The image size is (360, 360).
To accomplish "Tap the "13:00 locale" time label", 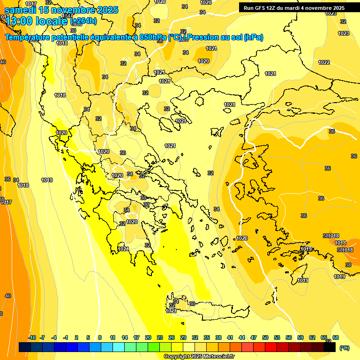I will pos(37,21).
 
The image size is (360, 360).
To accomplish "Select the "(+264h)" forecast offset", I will pos(83,21).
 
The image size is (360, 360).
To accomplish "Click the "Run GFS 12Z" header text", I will pos(262,8).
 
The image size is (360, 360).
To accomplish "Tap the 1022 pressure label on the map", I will pos(324,62).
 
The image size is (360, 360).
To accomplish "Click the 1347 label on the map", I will pos(67,30).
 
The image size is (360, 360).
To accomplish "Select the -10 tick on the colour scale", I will pos(32,337).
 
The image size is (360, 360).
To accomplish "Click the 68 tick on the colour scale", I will pos(336,337).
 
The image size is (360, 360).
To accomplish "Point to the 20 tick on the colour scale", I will pos(148,337).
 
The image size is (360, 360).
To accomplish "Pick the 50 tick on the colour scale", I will pos(265,337).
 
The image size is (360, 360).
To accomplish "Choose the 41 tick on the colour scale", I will pos(230,337).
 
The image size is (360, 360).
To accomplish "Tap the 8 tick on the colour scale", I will pos(100,337).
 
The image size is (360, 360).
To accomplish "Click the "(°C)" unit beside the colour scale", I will pos(345,348).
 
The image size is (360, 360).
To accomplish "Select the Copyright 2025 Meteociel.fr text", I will pos(199,357).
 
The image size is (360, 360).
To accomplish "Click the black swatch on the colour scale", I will pos(330,347).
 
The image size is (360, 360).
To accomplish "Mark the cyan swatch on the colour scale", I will pos(119,347).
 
